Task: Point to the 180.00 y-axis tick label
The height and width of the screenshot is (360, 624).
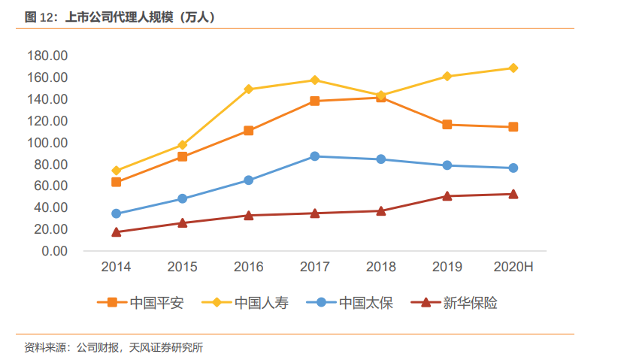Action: pos(47,56)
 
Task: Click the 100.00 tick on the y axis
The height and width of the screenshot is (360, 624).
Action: pos(47,143)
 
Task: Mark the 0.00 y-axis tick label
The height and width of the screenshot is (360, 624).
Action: pos(54,251)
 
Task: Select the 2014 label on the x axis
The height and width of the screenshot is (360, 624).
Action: pos(117,268)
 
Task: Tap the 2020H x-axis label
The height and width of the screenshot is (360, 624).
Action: pos(513,268)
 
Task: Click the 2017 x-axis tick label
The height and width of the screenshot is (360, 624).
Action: pos(315,268)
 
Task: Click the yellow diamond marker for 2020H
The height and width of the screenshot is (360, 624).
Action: pos(513,68)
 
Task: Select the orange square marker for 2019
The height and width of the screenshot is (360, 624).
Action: pos(447,125)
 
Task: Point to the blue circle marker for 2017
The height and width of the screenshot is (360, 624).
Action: pos(315,156)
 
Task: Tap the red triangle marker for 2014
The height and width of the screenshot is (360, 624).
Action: pos(117,232)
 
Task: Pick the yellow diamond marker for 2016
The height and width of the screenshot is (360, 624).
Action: pos(249,89)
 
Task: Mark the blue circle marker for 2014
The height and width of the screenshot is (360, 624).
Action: pos(117,213)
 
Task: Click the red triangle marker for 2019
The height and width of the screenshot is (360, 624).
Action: pos(447,196)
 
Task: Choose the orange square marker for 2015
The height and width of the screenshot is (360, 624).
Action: pos(183,157)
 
